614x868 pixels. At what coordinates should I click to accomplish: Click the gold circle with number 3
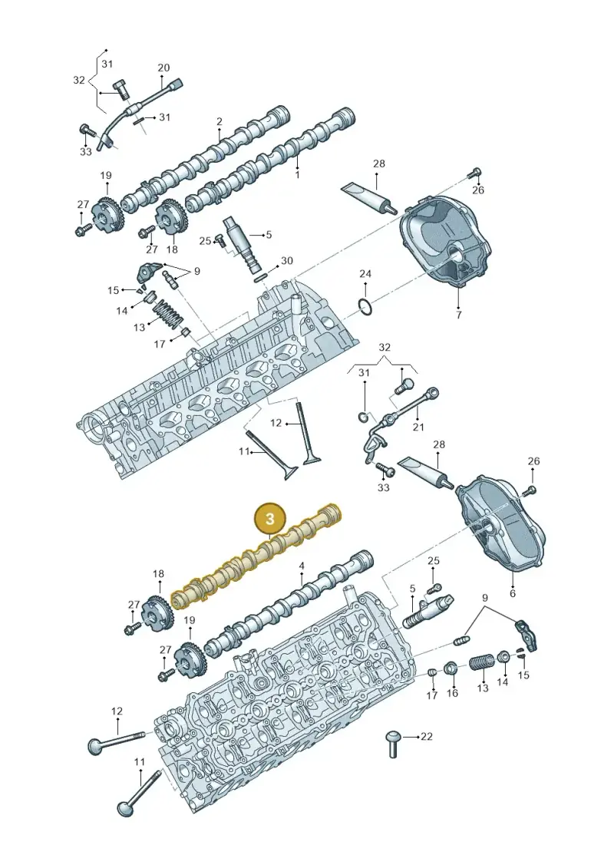[270, 519]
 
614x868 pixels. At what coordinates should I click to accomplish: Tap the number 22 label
[426, 736]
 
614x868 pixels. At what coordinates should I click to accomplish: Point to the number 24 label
[365, 273]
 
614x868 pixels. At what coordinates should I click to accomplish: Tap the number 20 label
[163, 68]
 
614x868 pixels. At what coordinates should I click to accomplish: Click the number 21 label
[418, 427]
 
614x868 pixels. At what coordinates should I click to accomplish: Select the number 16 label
[452, 693]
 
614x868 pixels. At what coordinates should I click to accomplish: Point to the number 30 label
[287, 260]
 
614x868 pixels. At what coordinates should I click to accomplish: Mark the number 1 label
[297, 175]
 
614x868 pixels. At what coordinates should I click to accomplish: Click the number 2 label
[220, 121]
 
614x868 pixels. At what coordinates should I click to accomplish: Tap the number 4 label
[302, 566]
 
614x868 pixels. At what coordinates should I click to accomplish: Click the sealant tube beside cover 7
[368, 196]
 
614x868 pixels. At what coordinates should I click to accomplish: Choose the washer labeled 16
[452, 668]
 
